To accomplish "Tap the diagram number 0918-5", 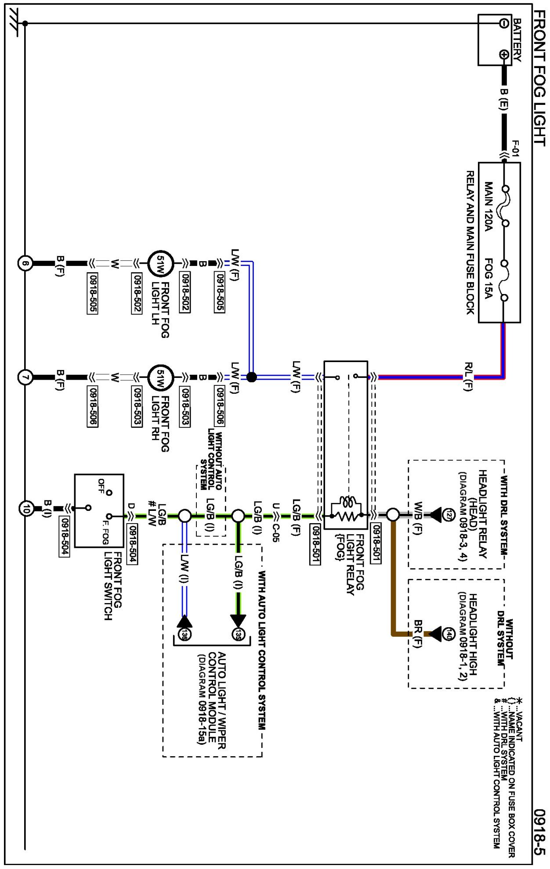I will [539, 831].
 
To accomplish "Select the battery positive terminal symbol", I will [504, 55].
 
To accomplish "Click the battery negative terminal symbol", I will [504, 23].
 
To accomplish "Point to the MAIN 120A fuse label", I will [488, 206].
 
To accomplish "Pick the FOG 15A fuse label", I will [488, 279].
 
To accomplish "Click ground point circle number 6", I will [25, 263].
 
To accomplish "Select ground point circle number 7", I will [25, 377].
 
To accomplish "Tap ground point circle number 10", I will [26, 509].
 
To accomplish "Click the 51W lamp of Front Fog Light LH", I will [160, 264].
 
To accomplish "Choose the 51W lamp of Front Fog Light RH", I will [160, 377].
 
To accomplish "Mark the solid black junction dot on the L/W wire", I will [251, 377].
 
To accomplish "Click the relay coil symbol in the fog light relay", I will [349, 503].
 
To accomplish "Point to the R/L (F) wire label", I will [468, 377].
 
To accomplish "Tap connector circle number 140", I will [448, 634].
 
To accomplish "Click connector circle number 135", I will [238, 634].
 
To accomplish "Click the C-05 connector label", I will [275, 533].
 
